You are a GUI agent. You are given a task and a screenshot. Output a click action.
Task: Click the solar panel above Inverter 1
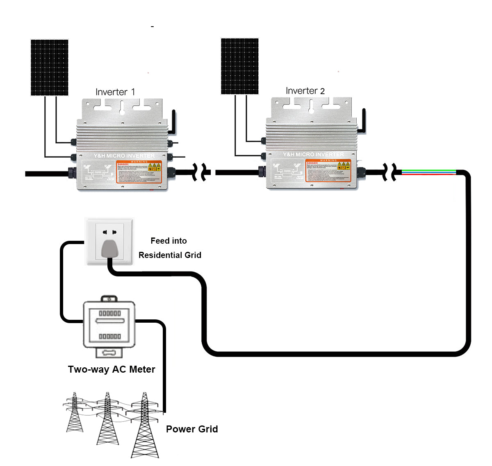tap(49, 68)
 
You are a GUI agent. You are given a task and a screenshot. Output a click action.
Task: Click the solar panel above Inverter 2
tap(239, 66)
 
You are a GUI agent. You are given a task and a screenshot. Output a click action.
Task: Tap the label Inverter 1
tap(115, 92)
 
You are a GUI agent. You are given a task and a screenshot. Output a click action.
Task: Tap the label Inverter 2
tap(305, 91)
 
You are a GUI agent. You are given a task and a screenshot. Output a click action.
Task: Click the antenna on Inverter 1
tap(173, 122)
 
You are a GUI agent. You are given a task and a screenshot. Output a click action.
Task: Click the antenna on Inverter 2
tap(363, 120)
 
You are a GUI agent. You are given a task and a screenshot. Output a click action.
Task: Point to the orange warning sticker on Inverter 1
tap(139, 172)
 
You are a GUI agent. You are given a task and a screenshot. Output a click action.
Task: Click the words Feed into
tap(169, 241)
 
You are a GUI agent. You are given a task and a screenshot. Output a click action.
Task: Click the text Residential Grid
tap(170, 255)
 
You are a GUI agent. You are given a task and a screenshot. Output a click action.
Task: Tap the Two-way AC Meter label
tap(112, 369)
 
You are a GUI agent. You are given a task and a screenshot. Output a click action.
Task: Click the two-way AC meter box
tap(109, 325)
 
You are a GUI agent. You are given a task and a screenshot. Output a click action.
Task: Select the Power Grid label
tap(192, 429)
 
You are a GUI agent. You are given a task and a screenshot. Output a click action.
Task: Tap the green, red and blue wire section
tap(428, 172)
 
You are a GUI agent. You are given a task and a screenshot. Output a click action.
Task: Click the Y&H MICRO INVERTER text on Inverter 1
tap(124, 156)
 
